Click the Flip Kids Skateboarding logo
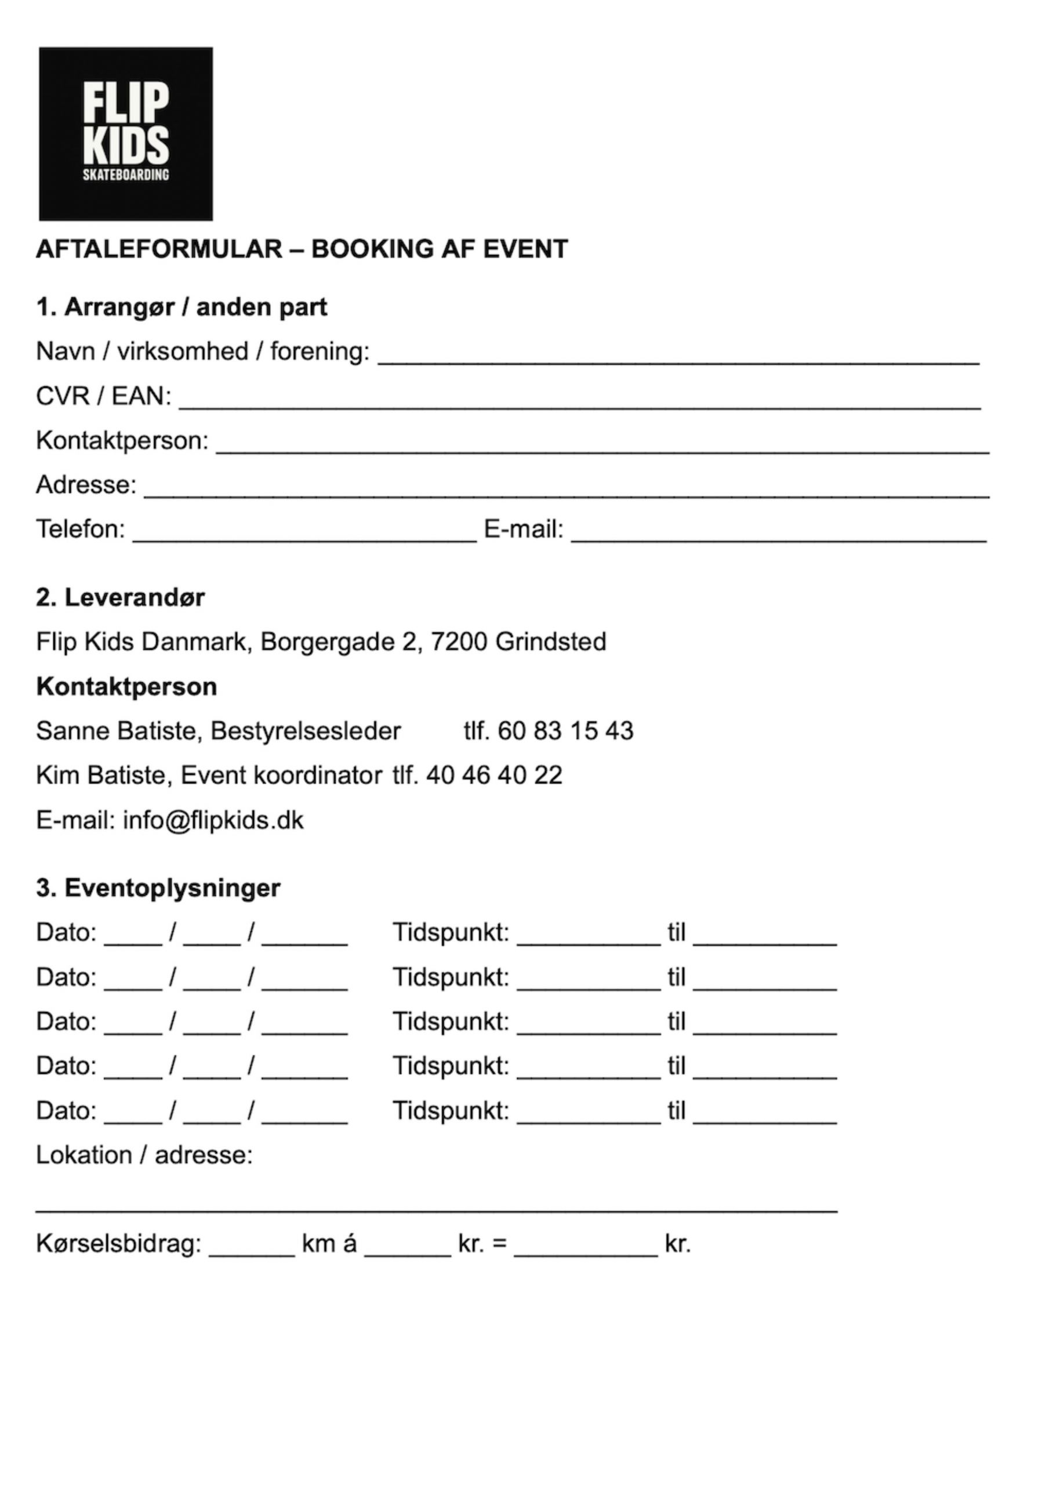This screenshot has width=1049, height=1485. (125, 133)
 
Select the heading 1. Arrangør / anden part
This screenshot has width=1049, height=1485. (181, 307)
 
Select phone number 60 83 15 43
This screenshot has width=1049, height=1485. (565, 731)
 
